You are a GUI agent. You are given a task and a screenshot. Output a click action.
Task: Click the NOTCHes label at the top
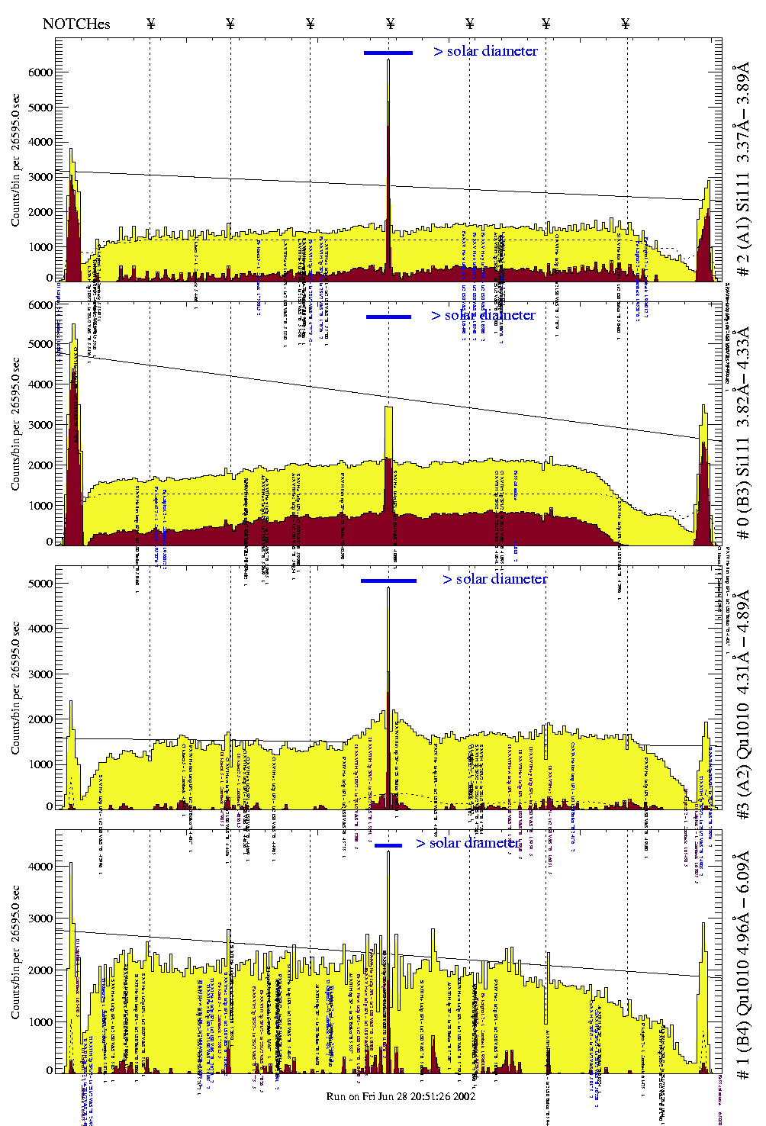point(76,24)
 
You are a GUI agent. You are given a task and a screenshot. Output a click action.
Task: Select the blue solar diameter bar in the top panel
point(388,53)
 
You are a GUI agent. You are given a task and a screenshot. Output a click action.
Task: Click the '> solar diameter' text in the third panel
point(494,579)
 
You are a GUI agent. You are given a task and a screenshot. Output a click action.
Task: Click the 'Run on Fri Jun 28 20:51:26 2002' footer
point(401,1096)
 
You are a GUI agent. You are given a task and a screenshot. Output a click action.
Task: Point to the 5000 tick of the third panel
point(40,584)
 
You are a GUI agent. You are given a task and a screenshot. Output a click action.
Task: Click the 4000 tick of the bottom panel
point(40,867)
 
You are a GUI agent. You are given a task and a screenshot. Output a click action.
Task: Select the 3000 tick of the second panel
point(40,425)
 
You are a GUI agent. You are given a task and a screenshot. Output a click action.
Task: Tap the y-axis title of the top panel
point(16,159)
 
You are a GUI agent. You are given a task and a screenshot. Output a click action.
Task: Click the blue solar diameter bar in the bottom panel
point(388,845)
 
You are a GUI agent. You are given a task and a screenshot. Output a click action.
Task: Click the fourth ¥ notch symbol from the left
point(391,24)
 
